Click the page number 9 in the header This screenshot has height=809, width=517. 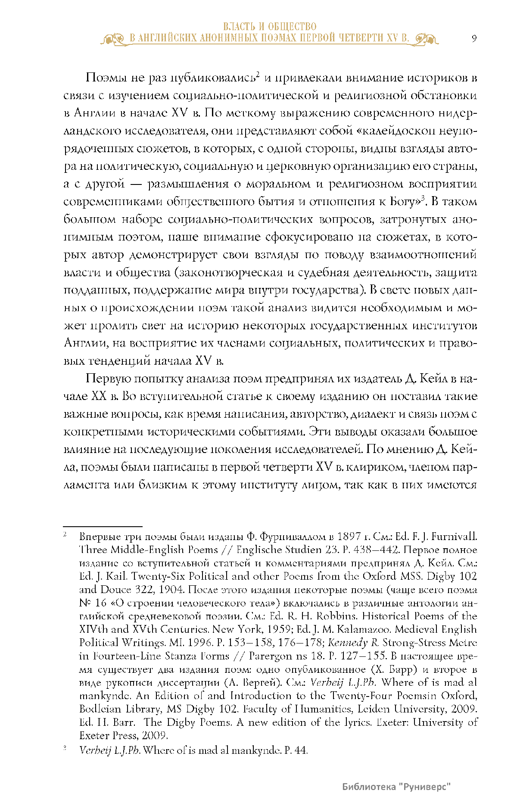pos(474,38)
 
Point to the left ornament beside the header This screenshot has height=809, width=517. pos(114,40)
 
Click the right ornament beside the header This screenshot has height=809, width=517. pos(426,40)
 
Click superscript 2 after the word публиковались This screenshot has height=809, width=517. pos(257,74)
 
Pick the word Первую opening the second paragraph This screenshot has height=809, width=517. pos(108,379)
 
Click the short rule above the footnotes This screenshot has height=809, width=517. pos(103,526)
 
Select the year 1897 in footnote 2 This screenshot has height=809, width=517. pos(349,537)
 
